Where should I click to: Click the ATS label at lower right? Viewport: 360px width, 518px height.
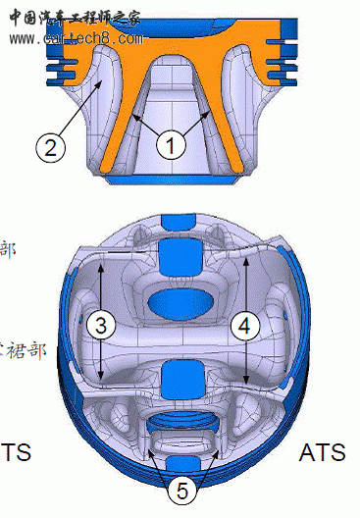pos(322,452)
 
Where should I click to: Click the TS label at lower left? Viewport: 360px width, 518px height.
pos(15,452)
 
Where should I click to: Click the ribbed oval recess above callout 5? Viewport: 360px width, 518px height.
pos(178,433)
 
